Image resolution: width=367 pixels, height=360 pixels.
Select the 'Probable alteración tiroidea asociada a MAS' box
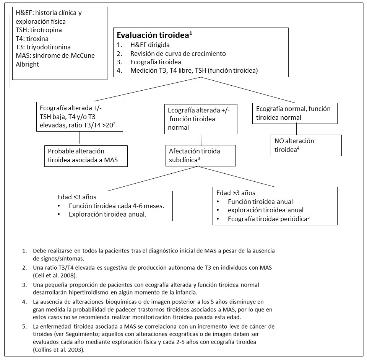click(85, 155)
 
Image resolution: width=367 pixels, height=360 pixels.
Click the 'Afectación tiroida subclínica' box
click(200, 155)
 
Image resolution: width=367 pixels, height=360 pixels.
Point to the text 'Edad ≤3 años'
click(75, 197)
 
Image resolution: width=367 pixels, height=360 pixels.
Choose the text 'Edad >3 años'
click(235, 192)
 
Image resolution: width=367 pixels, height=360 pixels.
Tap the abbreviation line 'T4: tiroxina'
click(32, 39)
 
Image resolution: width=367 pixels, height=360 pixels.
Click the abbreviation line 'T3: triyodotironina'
click(43, 47)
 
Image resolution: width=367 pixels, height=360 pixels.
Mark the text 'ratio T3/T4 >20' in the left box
click(99, 125)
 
